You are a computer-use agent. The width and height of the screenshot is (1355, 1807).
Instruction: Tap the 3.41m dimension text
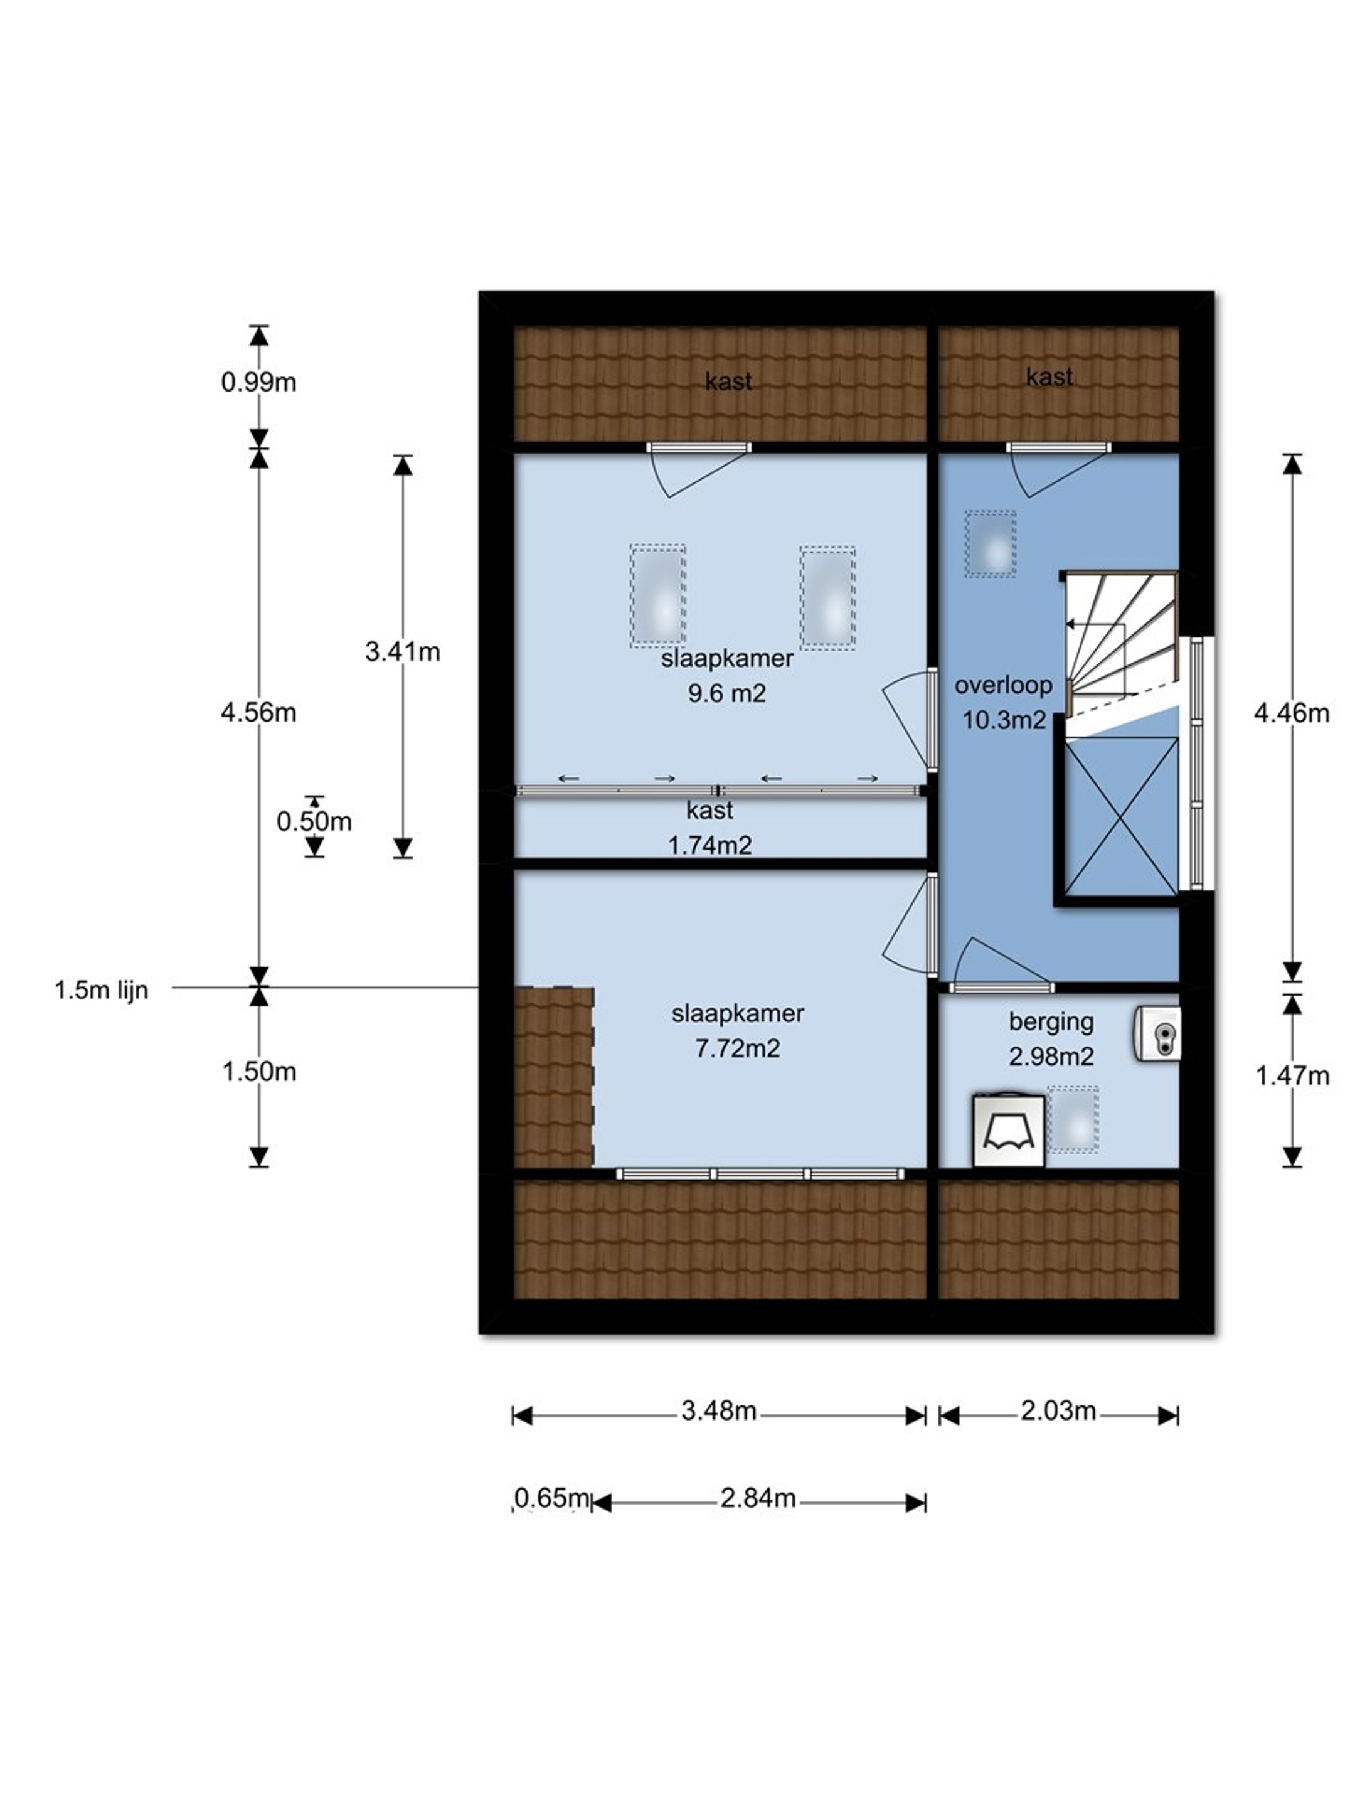point(402,651)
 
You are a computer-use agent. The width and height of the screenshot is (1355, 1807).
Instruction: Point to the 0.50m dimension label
point(314,821)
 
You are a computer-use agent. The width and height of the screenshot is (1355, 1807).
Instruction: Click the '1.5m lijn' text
point(101,990)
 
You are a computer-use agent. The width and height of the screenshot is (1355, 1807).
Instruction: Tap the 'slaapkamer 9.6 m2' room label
point(727,676)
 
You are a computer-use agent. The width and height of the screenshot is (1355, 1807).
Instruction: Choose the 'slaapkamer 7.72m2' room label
point(738,1030)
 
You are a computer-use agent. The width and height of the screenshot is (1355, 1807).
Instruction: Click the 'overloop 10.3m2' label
point(1003,703)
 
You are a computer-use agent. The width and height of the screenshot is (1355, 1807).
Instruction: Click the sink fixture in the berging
point(1157,1033)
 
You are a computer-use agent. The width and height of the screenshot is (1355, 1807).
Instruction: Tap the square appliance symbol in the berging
point(1009,1131)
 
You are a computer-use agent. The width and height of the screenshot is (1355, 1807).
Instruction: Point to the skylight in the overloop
point(990,544)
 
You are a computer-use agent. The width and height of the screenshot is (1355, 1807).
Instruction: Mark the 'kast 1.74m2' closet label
point(709,828)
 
